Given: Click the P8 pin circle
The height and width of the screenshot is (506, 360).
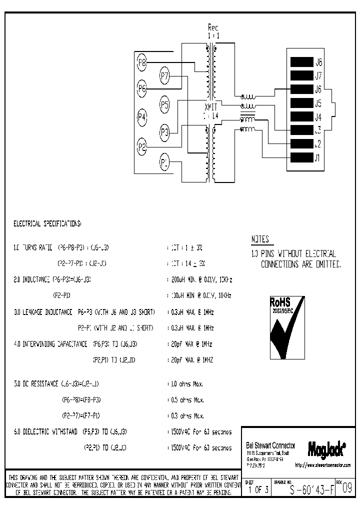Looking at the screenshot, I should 142,62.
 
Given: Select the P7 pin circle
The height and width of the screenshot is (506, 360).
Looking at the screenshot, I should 165,76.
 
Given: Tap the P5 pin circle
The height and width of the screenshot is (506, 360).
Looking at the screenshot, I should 165,104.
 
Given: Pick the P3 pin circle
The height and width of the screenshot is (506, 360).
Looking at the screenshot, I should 165,132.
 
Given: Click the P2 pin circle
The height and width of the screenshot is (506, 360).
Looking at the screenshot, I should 142,146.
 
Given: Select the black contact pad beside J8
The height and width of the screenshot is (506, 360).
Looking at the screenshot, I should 301,62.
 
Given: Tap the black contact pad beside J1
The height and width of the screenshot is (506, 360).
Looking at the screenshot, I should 301,158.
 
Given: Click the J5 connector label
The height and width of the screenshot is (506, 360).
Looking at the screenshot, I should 318,104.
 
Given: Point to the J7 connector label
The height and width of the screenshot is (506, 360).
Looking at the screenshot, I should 318,76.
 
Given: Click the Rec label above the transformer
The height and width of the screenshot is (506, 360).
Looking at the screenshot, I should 213,27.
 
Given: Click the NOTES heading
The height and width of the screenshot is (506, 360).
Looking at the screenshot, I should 260,239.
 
